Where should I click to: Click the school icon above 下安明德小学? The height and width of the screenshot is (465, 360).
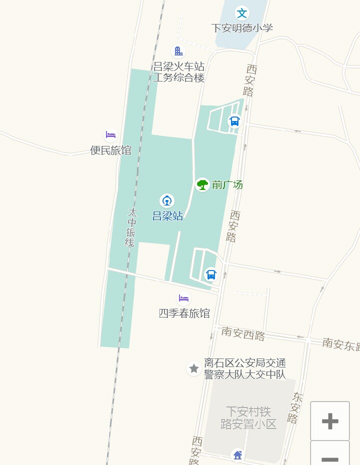242,12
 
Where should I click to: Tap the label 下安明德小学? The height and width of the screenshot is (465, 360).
242,28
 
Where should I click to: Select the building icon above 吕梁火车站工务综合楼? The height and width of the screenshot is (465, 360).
178,51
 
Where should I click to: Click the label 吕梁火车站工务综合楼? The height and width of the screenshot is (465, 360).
178,72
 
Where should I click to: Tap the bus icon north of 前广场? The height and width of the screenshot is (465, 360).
234,121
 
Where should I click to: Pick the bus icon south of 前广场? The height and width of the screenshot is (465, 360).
211,274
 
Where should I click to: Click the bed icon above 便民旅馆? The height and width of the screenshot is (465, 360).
110,135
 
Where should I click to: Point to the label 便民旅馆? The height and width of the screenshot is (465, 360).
110,150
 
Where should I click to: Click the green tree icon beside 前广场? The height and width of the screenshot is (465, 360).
202,184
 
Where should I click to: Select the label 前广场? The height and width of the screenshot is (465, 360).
227,185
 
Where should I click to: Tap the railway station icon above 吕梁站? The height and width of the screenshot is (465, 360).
167,201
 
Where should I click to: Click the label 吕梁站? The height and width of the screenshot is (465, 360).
167,216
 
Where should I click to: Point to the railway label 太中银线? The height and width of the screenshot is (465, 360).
130,227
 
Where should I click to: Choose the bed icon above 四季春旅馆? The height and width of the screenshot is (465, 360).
183,299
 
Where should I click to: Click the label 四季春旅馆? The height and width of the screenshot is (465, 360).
184,313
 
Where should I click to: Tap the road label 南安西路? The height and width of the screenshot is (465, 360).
243,333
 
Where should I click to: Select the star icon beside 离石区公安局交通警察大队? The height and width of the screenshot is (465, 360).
194,369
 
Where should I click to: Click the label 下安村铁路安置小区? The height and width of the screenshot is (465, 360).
248,418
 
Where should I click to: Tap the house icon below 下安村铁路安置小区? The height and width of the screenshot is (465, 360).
237,455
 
